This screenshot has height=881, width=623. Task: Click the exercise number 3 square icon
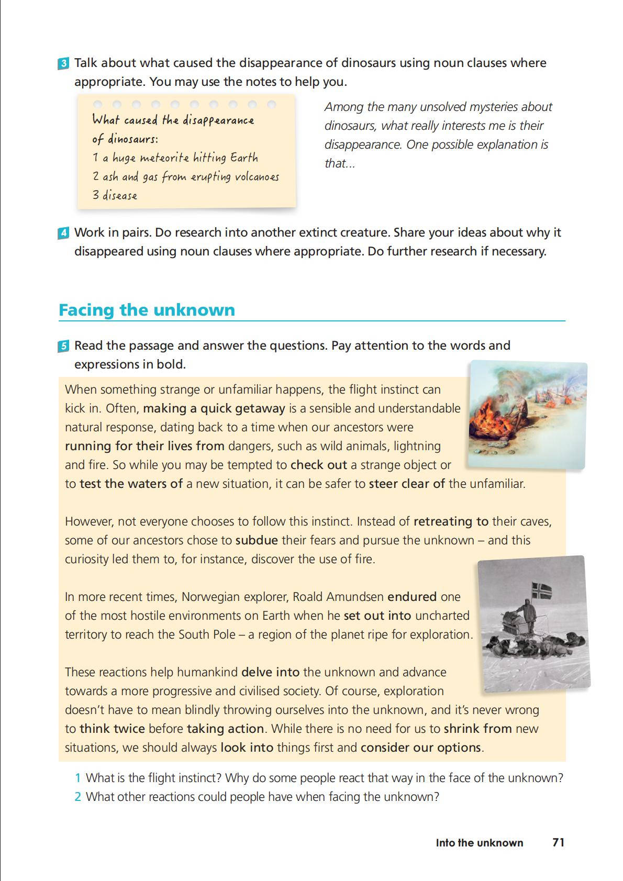63,64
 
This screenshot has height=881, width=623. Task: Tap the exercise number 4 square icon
63,233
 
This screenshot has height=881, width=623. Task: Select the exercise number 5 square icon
63,346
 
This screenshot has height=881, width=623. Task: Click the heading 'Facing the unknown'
147,310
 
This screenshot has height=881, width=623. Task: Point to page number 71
558,842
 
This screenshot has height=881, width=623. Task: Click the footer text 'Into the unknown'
479,843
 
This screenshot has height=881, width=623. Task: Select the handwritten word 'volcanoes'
257,177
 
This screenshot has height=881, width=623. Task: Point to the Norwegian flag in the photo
542,590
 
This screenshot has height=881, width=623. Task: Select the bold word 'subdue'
256,540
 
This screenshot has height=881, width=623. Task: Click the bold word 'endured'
411,597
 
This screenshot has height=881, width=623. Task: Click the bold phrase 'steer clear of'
407,484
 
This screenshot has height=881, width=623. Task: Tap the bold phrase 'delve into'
270,672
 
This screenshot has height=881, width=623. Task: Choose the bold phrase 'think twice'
112,729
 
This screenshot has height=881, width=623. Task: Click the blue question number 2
77,797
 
